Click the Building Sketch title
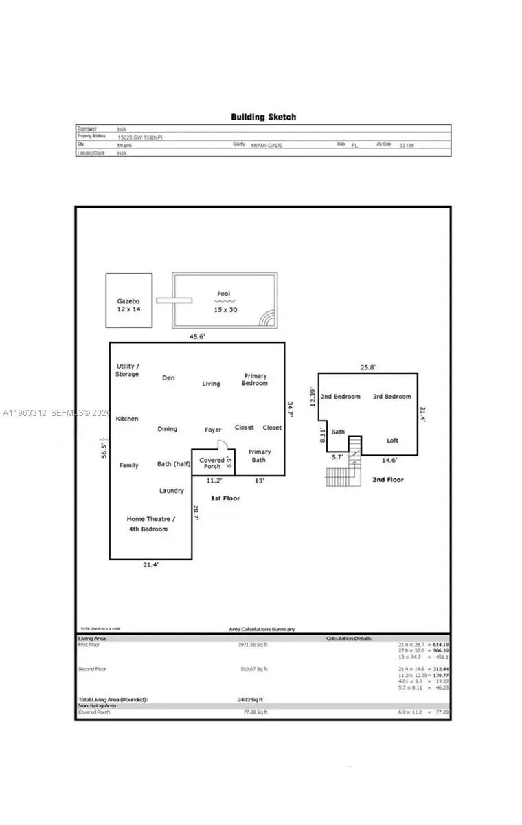pyautogui.click(x=263, y=117)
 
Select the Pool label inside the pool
pyautogui.click(x=223, y=294)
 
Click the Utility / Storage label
pyautogui.click(x=127, y=370)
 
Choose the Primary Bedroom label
pyautogui.click(x=256, y=379)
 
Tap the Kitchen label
pyautogui.click(x=127, y=419)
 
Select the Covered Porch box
pyautogui.click(x=212, y=463)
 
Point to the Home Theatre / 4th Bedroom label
pyautogui.click(x=150, y=524)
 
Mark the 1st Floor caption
pyautogui.click(x=225, y=498)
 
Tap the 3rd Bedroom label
pyautogui.click(x=391, y=397)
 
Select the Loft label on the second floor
pyautogui.click(x=392, y=441)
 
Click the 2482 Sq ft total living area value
pyautogui.click(x=250, y=699)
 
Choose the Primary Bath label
pyautogui.click(x=260, y=456)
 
